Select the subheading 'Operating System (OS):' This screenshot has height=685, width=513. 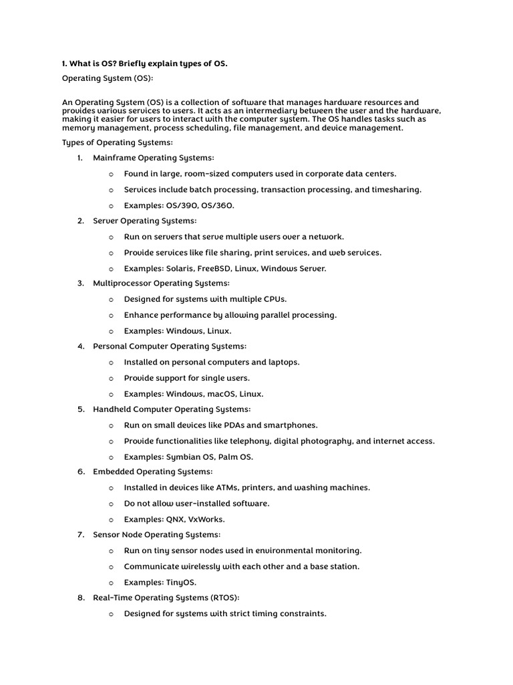click(108, 79)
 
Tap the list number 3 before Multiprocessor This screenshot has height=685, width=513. click(80, 284)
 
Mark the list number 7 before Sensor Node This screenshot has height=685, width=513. click(80, 534)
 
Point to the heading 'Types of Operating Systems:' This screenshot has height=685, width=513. click(117, 142)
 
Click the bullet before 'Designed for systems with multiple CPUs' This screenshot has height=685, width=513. click(111, 300)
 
